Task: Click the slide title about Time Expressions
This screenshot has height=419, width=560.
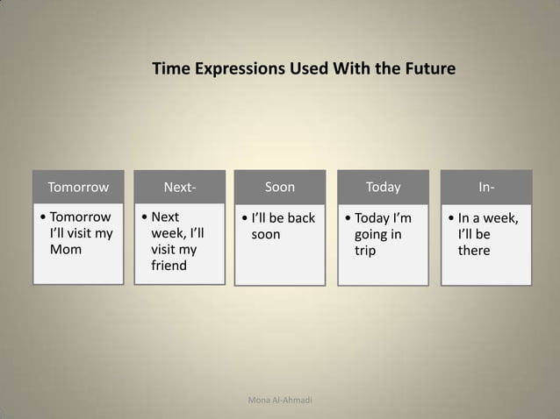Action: [304, 68]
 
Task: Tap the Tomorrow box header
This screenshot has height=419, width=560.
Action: [78, 187]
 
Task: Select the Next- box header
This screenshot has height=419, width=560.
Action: [180, 187]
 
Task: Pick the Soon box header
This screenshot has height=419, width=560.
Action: [280, 187]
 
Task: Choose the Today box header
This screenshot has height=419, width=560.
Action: [383, 187]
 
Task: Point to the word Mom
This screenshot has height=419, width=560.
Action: [65, 250]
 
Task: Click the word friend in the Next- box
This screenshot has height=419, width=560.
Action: [169, 266]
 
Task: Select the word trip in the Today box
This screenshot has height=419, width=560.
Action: [364, 251]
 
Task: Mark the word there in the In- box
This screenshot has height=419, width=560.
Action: [473, 251]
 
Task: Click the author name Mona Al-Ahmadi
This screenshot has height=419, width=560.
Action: [280, 401]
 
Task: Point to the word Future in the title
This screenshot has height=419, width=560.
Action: [429, 68]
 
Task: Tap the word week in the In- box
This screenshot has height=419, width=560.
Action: [499, 217]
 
